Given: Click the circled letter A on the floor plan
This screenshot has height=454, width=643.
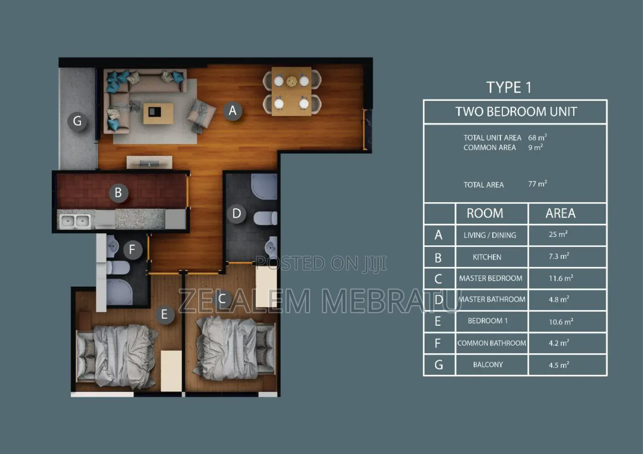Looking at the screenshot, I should pos(233,110).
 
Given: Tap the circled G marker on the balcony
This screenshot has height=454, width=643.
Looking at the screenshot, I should pos(77,121).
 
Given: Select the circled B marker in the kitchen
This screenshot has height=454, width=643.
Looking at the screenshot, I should pos(118,193).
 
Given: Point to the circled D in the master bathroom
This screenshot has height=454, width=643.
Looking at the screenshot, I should pos(236,214).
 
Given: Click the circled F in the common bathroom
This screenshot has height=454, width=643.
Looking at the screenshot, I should pos(132,250).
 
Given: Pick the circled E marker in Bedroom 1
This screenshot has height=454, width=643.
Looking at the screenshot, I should pos(164,314).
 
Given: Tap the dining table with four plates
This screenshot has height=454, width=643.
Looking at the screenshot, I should pos(292,92).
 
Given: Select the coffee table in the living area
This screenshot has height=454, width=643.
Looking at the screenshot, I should pos(158,113).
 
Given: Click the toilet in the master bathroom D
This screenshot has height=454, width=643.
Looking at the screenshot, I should pos(266,218).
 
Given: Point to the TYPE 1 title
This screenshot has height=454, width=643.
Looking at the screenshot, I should pos(509,88).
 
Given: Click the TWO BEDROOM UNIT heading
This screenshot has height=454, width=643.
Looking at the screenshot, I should pos(516,112).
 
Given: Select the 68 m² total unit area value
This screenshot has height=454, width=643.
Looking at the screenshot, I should pos(537,138).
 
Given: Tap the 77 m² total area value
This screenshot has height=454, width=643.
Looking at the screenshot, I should pos(537,184).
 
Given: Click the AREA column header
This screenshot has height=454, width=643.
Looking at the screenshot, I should pos(560,213).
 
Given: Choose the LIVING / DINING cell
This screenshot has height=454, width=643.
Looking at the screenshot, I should pos(490,235).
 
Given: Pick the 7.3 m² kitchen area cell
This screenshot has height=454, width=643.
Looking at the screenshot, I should pos(559,257).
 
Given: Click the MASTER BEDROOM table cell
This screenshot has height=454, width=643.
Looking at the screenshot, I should pos(491,278).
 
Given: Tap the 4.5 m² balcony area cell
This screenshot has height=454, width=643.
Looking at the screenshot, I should pos(559,365).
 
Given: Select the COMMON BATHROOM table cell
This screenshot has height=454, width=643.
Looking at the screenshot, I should pos(491,343).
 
